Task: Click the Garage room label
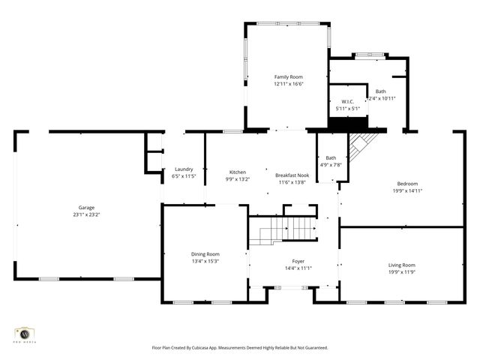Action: click(86, 208)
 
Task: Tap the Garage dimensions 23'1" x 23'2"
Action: click(86, 214)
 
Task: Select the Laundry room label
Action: click(184, 169)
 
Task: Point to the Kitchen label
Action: click(237, 172)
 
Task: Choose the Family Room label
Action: click(288, 76)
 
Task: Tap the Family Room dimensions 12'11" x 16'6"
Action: click(288, 84)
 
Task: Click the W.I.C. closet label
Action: click(347, 101)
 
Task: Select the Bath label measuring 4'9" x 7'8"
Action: click(331, 158)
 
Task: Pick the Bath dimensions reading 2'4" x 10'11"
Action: click(382, 98)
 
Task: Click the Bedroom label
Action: click(407, 184)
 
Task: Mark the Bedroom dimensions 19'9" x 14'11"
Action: click(407, 190)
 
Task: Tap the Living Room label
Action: click(401, 265)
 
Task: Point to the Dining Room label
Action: click(205, 254)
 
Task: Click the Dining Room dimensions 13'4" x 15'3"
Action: click(205, 262)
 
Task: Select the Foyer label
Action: click(298, 261)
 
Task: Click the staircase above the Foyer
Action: click(283, 230)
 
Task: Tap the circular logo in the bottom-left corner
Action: click(24, 333)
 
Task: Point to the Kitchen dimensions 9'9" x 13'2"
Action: click(237, 179)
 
